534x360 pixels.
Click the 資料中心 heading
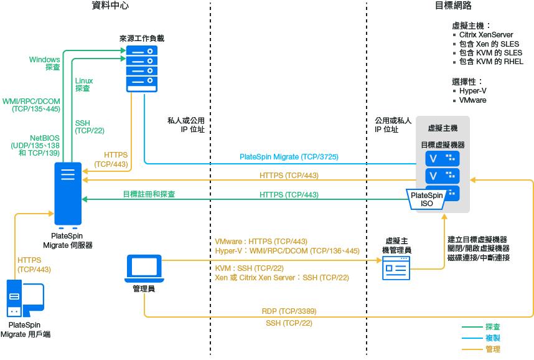(111, 6)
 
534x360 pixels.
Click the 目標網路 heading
(453, 6)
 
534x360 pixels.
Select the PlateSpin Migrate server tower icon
(68, 194)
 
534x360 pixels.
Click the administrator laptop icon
(144, 268)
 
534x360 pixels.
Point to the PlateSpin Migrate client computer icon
(24, 298)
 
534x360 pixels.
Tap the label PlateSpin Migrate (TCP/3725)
(289, 157)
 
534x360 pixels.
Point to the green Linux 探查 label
(83, 85)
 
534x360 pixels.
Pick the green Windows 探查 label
(45, 63)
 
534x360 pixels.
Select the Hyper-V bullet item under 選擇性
(473, 91)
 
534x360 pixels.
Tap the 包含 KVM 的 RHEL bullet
(491, 62)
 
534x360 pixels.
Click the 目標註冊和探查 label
(149, 194)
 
